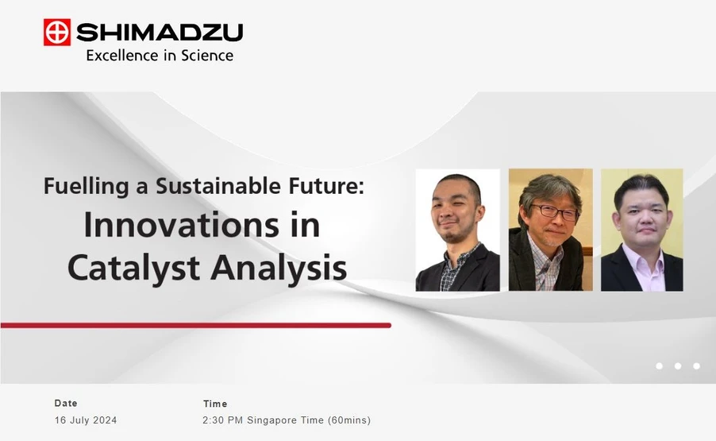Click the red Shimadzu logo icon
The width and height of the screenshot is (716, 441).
click(57, 32)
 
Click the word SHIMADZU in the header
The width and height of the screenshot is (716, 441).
click(160, 33)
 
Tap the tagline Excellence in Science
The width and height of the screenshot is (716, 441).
click(160, 56)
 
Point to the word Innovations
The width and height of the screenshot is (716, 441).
click(171, 225)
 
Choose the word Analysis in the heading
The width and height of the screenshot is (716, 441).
click(277, 268)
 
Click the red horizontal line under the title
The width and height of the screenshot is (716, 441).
click(195, 325)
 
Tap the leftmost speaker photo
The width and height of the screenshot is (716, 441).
click(457, 230)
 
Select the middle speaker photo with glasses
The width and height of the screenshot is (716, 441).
click(550, 230)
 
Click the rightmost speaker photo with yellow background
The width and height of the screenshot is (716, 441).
click(641, 230)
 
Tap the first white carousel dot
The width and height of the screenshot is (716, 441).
click(659, 366)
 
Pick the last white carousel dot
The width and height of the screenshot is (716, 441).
click(696, 366)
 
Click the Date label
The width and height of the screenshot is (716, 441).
click(66, 404)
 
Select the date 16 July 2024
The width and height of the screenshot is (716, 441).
click(85, 420)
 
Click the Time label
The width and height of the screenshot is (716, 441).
click(214, 404)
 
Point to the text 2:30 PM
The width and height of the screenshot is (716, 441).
click(223, 420)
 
